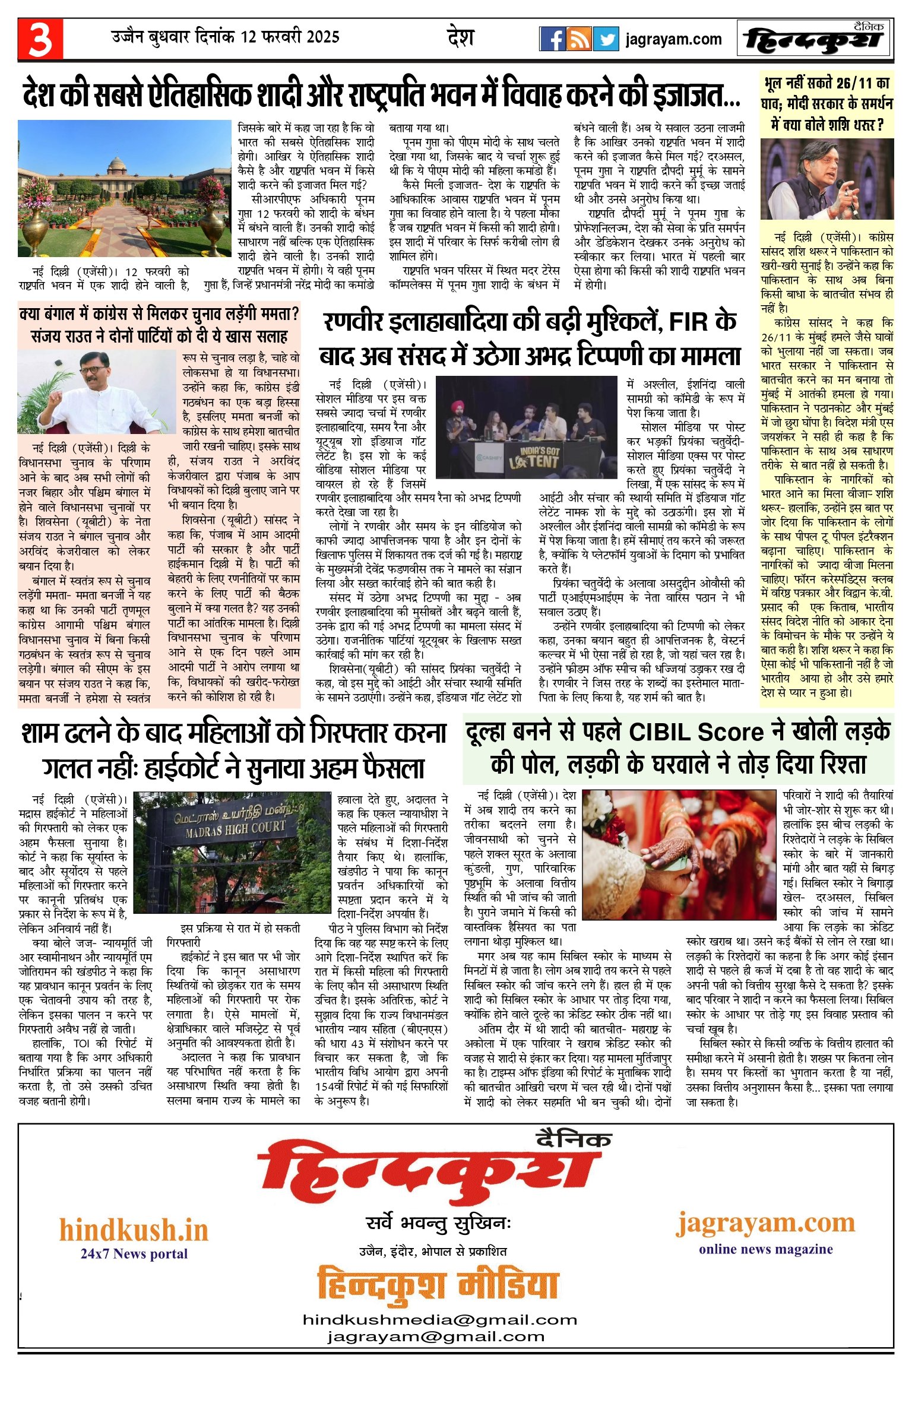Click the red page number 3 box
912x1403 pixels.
click(40, 39)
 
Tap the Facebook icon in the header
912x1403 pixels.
click(552, 39)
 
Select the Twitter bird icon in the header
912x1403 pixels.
click(606, 39)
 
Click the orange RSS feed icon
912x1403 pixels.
click(579, 39)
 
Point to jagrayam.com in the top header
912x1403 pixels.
click(674, 40)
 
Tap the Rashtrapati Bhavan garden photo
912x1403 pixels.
click(125, 188)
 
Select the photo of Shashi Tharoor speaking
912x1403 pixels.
click(827, 179)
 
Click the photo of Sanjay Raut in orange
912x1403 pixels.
click(97, 392)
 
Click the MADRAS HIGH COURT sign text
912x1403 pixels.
click(235, 828)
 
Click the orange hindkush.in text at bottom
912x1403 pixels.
click(134, 1230)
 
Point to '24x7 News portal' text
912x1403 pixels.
click(134, 1253)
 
